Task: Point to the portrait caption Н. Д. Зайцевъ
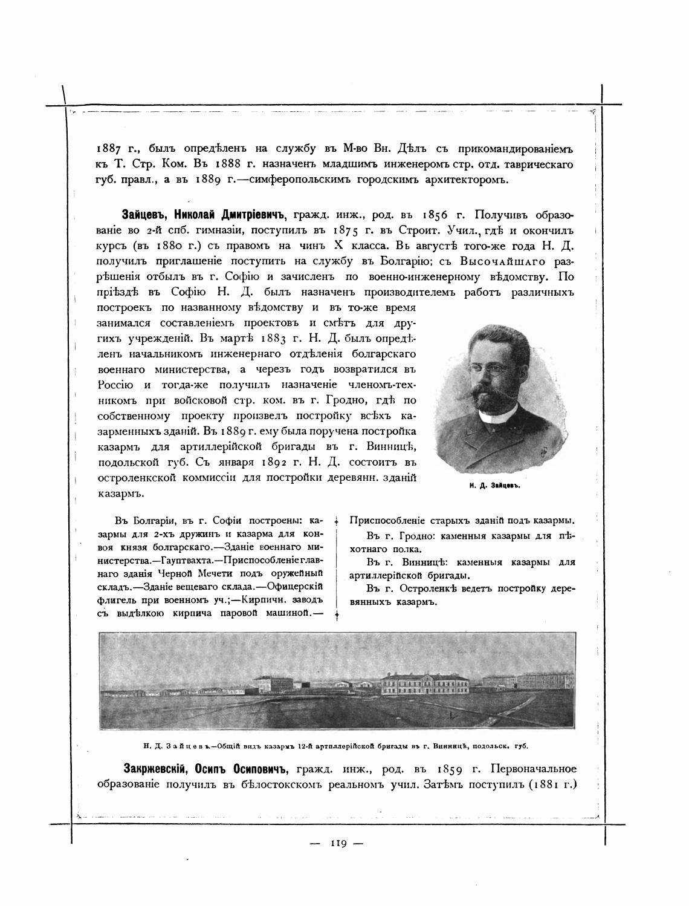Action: click(495, 486)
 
